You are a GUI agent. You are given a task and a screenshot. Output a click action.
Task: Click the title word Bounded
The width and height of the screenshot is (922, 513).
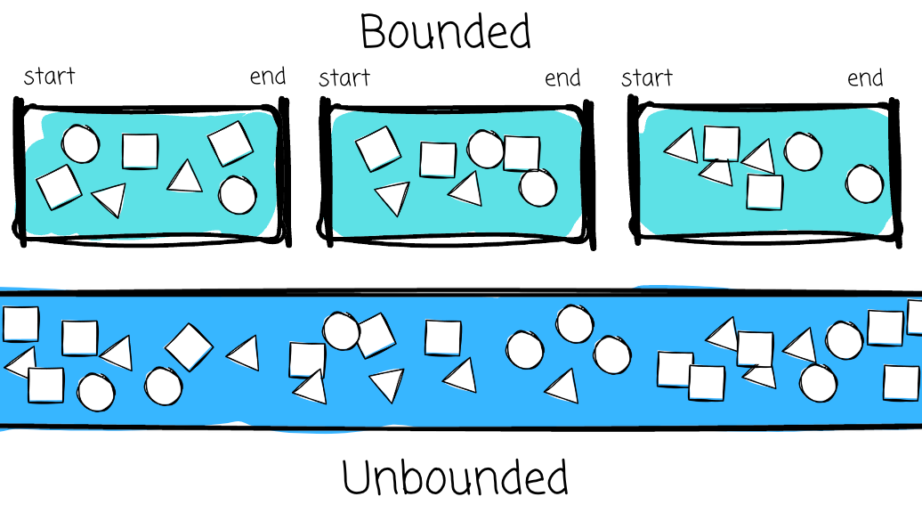coord(445,31)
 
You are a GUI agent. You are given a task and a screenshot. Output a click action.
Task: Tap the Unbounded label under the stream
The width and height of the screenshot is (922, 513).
coord(455,477)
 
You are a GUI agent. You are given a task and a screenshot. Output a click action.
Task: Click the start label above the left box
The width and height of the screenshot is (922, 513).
coord(49,77)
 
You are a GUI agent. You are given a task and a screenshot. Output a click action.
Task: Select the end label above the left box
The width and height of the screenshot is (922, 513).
coord(268,77)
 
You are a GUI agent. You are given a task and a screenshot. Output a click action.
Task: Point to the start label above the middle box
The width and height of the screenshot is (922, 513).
coord(344,78)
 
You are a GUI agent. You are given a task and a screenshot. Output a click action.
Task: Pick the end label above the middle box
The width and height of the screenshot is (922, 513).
coord(562,78)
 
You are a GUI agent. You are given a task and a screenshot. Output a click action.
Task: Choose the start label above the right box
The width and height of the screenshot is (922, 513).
coord(647,78)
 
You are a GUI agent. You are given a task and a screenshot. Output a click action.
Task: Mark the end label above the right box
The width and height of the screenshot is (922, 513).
coord(865,78)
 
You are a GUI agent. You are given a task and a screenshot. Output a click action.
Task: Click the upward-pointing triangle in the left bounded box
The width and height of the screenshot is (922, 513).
coord(186,177)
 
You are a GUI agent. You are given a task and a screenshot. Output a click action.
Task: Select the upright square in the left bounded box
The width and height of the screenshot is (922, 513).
coord(140,151)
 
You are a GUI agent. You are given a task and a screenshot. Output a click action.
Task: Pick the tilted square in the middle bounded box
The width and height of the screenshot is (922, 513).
coord(378,149)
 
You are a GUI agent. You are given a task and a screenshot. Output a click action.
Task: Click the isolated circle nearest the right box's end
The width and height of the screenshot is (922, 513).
coord(864,183)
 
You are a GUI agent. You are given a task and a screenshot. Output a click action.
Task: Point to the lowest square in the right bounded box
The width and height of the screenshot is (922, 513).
coord(764,192)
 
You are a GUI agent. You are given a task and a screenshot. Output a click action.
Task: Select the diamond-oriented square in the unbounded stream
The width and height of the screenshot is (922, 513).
coord(188,346)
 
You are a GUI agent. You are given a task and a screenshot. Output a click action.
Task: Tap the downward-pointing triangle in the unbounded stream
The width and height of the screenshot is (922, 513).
coord(386,383)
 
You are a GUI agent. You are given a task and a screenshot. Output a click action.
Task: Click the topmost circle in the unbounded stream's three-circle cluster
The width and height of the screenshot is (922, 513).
coord(574,323)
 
